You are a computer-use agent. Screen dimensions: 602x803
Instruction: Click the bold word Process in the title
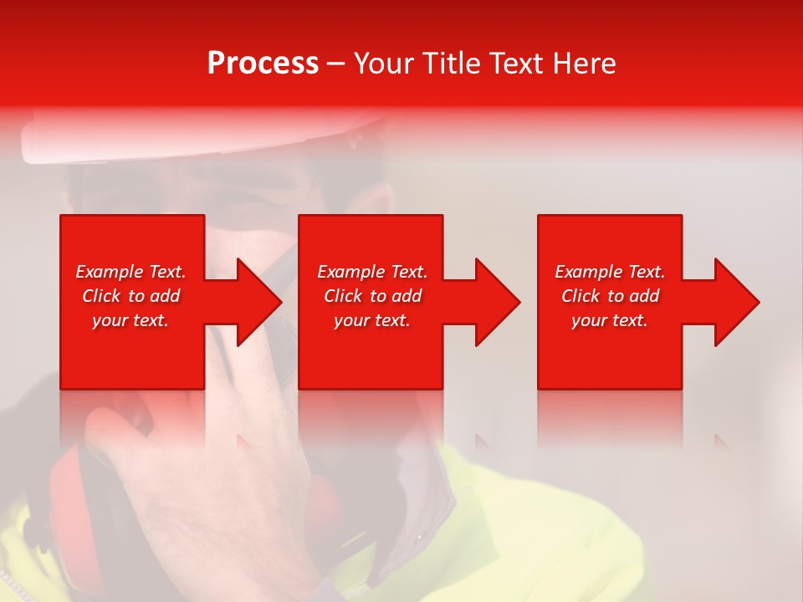coord(263,63)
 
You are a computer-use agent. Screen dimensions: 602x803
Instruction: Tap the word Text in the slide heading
coord(514,63)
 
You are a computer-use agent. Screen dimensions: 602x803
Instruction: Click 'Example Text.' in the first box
coord(130,272)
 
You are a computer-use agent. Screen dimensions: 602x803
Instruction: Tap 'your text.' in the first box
coord(130,320)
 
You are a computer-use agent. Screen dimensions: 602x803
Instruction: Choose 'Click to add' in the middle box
coord(372,296)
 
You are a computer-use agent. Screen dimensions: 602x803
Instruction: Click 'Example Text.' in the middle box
coord(372,272)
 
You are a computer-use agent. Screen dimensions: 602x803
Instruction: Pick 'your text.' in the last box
coord(610,320)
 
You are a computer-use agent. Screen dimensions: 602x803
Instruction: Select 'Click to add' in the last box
coord(610,296)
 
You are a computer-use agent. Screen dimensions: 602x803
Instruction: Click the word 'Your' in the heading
coord(381,63)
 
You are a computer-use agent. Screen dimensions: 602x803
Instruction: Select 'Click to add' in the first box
coord(130,296)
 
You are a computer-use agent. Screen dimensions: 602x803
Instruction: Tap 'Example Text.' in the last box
coord(610,272)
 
